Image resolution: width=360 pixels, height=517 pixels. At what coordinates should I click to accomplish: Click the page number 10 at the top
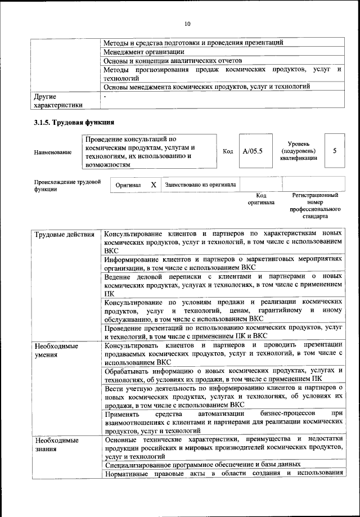[x=187, y=24]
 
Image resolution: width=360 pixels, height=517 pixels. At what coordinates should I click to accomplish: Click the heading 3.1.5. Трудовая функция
[x=74, y=123]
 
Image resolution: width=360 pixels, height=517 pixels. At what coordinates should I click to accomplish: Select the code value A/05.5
[x=253, y=151]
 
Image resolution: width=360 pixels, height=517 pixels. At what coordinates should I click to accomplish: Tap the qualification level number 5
[x=335, y=151]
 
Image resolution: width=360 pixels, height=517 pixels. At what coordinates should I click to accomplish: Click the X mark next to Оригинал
[x=153, y=185]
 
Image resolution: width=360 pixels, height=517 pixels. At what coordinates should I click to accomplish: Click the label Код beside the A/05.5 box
[x=228, y=151]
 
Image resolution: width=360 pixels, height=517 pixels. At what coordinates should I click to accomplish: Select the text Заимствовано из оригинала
[x=200, y=185]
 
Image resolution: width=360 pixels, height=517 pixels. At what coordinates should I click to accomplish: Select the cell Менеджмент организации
[x=145, y=51]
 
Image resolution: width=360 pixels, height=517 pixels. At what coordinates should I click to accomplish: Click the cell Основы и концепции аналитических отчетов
[x=173, y=60]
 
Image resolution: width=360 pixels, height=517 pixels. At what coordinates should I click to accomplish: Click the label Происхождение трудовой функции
[x=67, y=186]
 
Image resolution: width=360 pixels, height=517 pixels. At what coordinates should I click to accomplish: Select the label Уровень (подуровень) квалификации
[x=298, y=151]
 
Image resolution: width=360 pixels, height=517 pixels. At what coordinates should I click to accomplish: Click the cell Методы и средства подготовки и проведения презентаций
[x=193, y=42]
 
